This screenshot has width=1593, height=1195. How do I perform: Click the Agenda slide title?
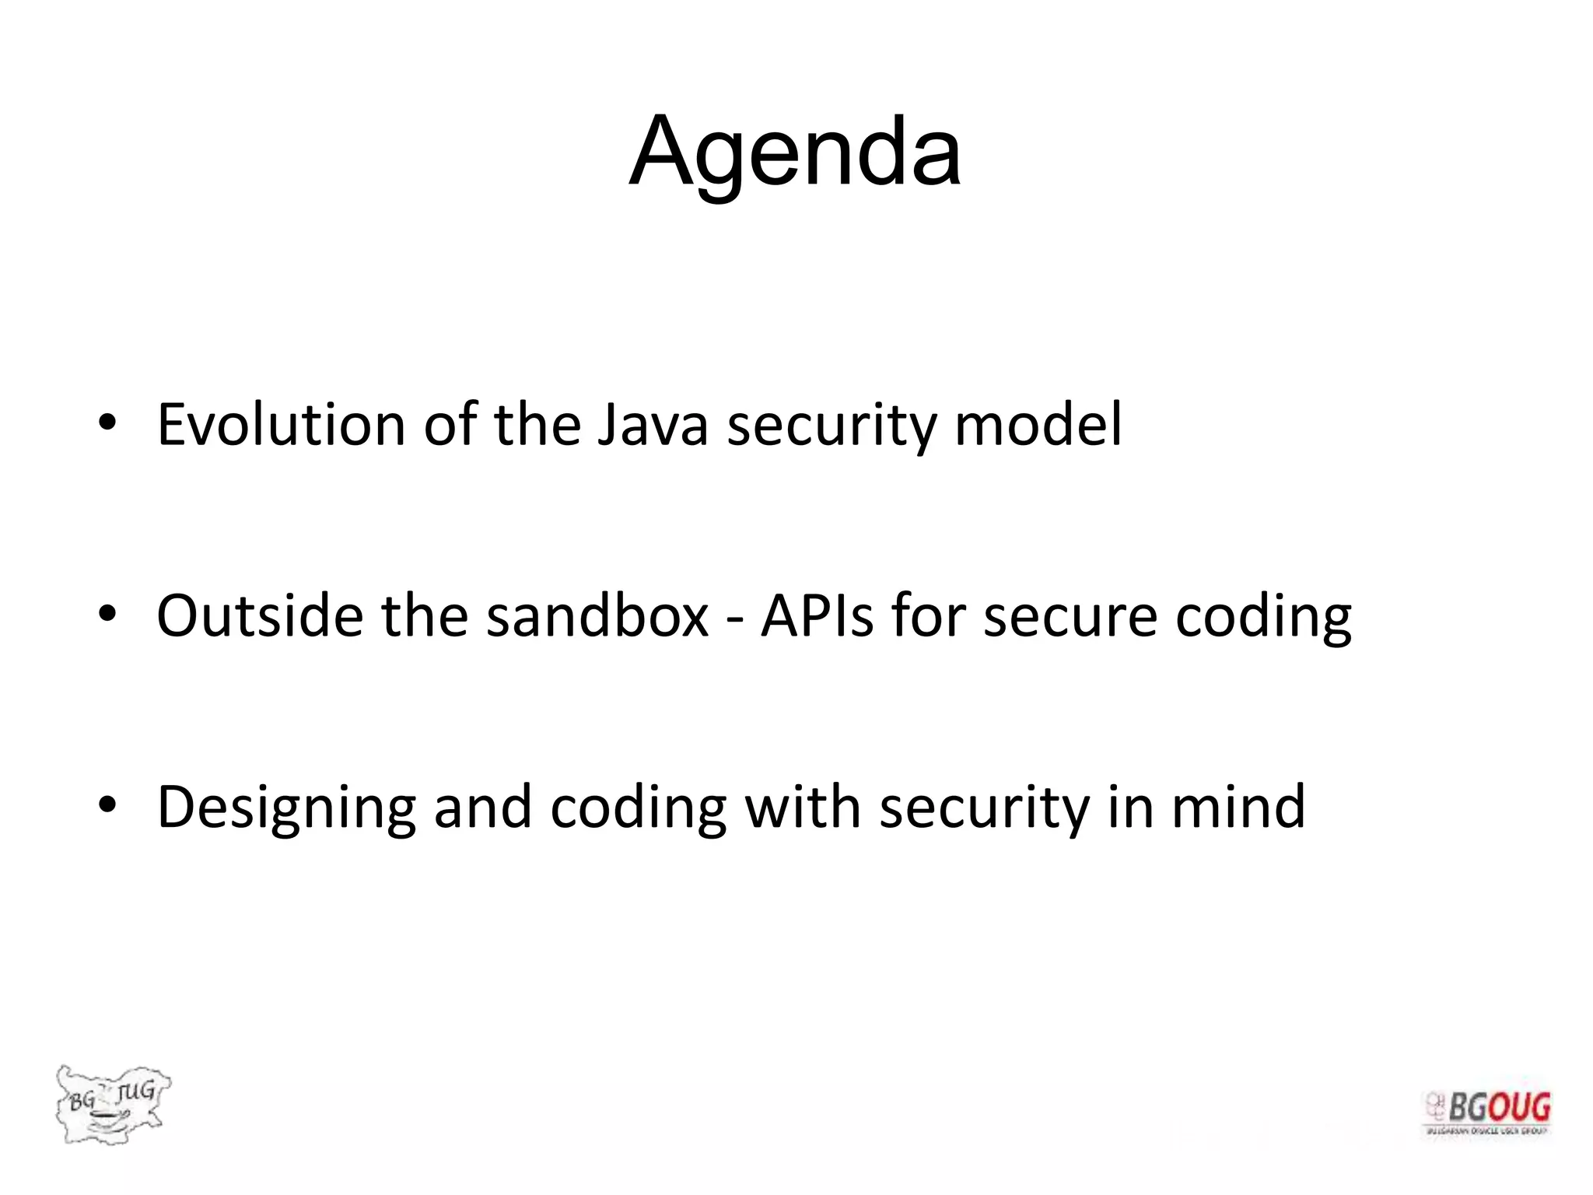795,152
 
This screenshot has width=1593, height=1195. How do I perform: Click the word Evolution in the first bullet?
281,425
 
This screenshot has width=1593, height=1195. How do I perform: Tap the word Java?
653,425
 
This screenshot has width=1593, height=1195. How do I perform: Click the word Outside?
260,615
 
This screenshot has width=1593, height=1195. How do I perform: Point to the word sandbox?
597,615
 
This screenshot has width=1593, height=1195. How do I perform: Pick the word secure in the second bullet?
1070,615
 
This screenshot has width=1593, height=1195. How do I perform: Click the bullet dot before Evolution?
107,423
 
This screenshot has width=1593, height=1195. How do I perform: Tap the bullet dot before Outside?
107,614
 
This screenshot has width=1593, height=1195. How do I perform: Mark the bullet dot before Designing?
107,805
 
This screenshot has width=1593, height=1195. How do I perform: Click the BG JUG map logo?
112,1103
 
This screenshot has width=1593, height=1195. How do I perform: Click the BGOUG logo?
1487,1113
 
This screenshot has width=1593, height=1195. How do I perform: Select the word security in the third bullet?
984,808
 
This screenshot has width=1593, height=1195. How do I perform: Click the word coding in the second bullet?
1262,615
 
